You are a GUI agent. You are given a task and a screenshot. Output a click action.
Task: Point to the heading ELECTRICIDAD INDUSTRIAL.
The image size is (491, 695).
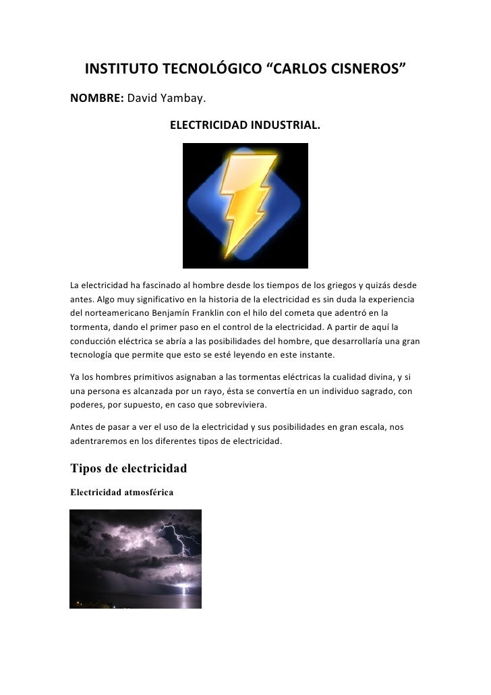(x=245, y=126)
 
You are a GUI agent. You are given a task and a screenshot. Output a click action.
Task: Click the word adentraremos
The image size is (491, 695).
(x=101, y=441)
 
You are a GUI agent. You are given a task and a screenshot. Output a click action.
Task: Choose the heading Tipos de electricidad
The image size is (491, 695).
(x=128, y=468)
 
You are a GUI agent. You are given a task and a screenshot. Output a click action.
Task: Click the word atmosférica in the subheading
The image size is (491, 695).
(x=149, y=493)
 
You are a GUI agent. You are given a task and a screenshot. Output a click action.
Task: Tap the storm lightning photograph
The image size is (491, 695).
(x=136, y=559)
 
